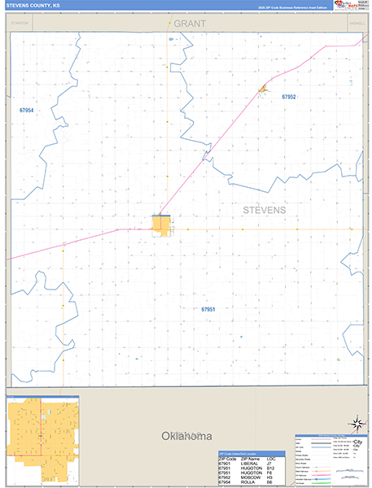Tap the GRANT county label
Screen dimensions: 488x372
coord(190,24)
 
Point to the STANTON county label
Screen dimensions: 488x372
coord(20,24)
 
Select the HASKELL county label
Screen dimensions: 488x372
coord(356,24)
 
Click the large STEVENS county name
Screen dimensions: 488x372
coord(265,210)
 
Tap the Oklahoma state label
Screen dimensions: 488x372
coord(186,435)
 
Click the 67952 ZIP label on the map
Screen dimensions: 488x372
coord(289,97)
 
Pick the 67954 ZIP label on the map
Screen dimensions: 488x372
coord(27,110)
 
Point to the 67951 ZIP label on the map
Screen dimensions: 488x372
coord(208,309)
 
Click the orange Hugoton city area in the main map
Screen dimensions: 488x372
coord(161,224)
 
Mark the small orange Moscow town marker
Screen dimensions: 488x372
coord(263,89)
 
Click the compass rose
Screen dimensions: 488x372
coord(356,423)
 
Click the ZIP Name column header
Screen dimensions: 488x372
coord(251,459)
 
